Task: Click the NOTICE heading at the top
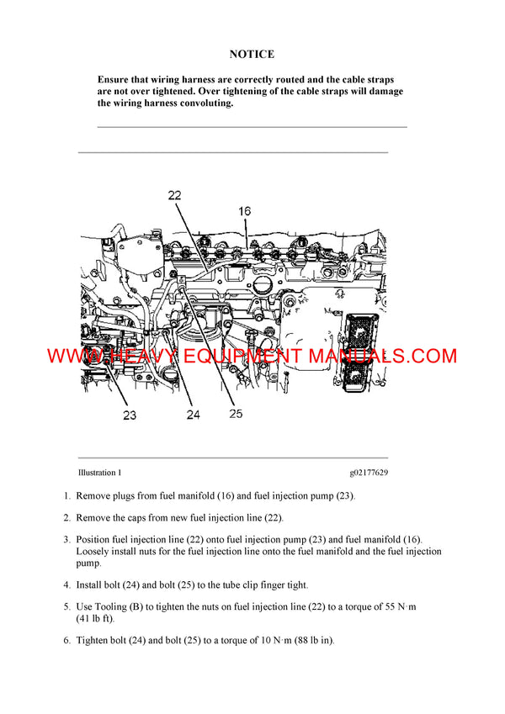(252, 54)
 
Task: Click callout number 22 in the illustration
(175, 195)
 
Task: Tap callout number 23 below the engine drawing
(130, 414)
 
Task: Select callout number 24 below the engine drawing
(194, 414)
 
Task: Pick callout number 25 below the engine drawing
(235, 413)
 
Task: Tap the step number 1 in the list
(66, 496)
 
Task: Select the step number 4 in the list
(66, 584)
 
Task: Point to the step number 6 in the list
(66, 640)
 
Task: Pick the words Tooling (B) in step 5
(120, 606)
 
